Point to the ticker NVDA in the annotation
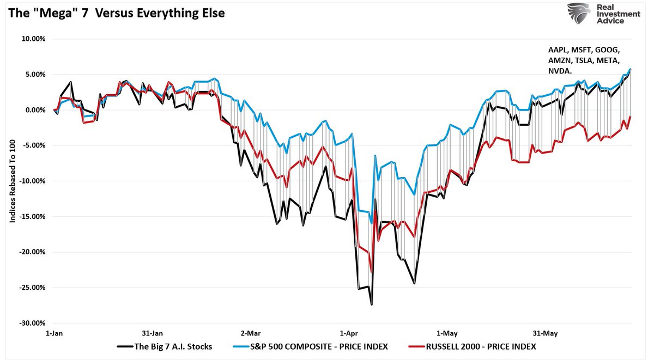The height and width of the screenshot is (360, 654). pyautogui.click(x=560, y=71)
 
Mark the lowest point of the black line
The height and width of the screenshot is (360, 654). pyautogui.click(x=372, y=304)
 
